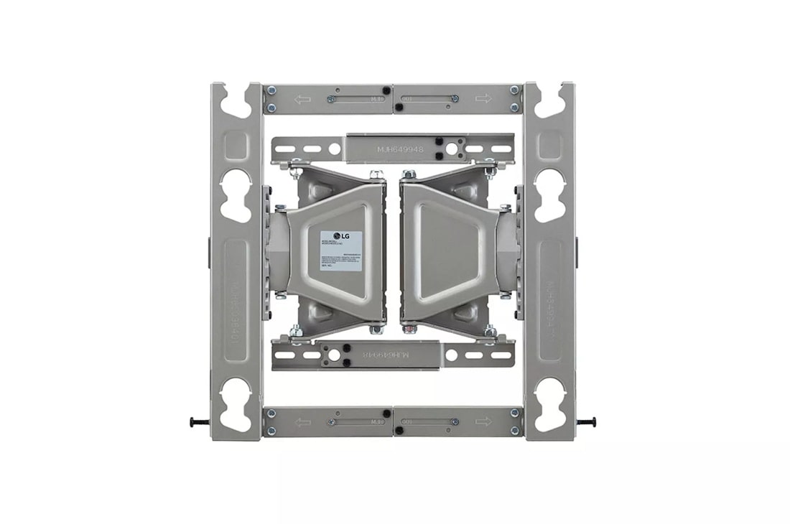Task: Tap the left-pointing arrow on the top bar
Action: [x=302, y=99]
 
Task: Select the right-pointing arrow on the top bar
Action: [x=483, y=98]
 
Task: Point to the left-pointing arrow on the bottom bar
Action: [x=302, y=421]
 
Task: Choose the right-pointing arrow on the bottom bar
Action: [x=483, y=421]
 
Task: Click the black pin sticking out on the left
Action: [x=199, y=422]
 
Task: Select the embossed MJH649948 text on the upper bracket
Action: [x=400, y=150]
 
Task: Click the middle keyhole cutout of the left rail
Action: [x=236, y=195]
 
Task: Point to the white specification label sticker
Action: [x=340, y=251]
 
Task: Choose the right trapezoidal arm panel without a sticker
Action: [x=447, y=251]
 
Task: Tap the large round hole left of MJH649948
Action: [x=334, y=149]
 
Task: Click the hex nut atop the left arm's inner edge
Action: [x=376, y=174]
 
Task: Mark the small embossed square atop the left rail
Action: [x=236, y=146]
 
